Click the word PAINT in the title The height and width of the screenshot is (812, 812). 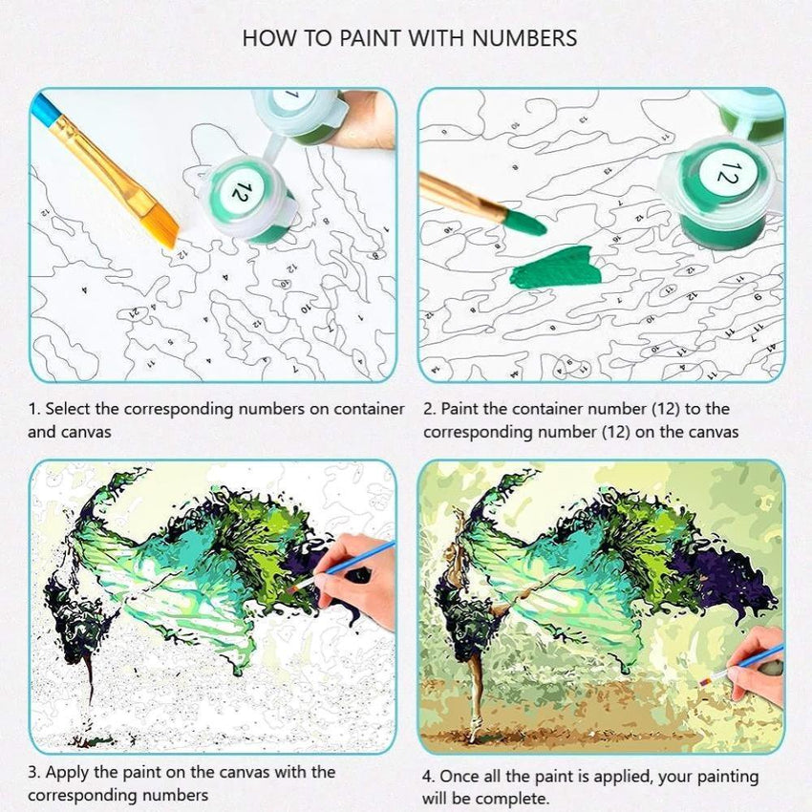point(370,38)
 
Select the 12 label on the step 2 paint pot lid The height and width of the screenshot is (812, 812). point(728,172)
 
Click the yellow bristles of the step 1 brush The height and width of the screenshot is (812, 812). point(164,224)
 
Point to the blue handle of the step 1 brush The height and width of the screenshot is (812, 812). point(43,109)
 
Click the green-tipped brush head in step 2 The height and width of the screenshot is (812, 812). point(524,222)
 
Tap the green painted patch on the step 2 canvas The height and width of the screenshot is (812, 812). point(557,267)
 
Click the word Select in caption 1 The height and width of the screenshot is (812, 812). point(70,409)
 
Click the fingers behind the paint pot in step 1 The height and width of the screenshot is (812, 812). point(362,120)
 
